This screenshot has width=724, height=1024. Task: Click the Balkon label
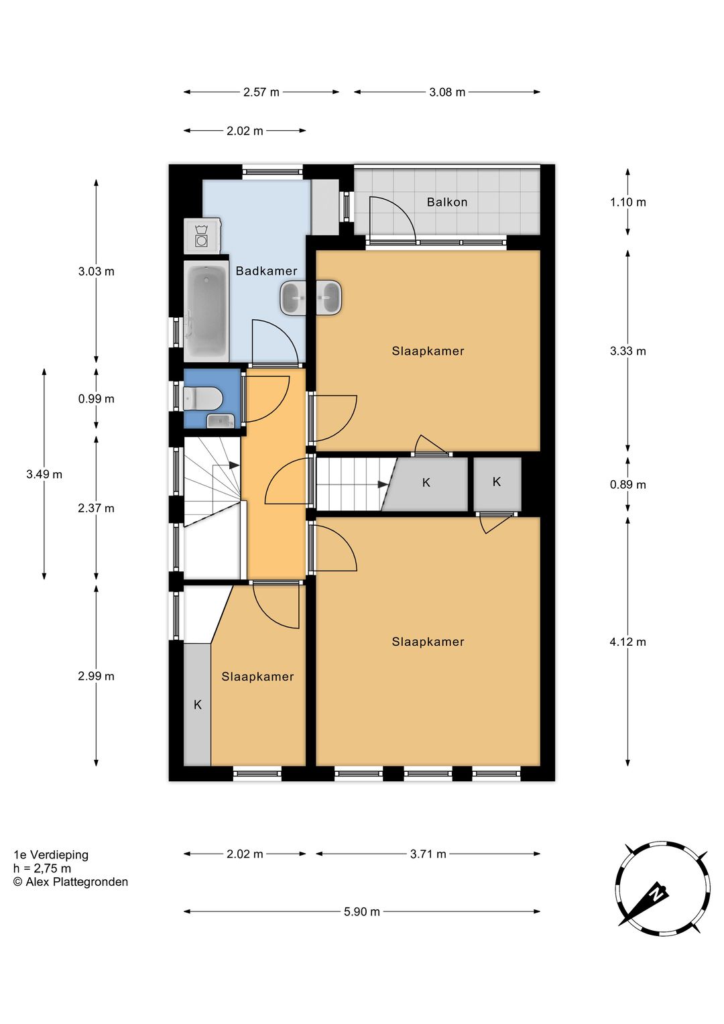click(447, 202)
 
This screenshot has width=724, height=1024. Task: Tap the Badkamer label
click(267, 271)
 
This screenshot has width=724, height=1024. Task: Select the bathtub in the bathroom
click(206, 310)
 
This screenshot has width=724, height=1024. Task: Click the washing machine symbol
click(201, 235)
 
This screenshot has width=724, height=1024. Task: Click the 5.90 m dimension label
click(362, 912)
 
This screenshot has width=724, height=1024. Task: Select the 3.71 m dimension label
click(428, 854)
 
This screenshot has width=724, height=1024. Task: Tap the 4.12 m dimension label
click(627, 642)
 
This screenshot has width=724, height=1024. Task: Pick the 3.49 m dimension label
click(44, 474)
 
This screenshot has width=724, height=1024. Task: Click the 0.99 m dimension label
click(96, 398)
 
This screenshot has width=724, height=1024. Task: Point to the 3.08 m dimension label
click(447, 93)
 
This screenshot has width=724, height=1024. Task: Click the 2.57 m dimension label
click(261, 93)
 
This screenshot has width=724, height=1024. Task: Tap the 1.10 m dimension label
click(627, 202)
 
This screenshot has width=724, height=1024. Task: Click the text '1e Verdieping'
click(51, 855)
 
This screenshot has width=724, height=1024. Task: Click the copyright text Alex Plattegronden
click(71, 882)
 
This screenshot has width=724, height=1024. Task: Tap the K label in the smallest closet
click(497, 481)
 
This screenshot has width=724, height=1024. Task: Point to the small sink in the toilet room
click(221, 420)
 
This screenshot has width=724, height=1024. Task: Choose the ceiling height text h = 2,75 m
click(42, 868)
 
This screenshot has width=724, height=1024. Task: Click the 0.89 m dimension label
click(627, 485)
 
